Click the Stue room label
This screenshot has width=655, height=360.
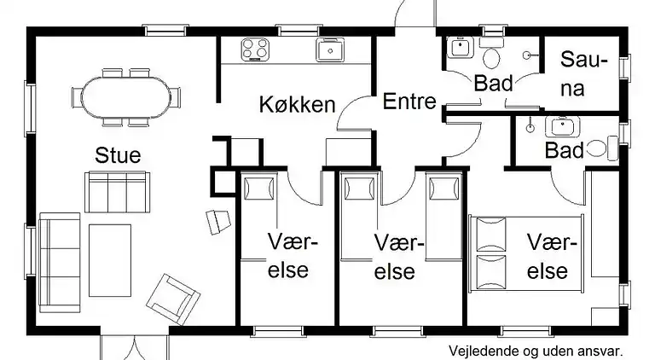pos(118,155)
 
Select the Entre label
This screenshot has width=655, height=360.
pos(409,102)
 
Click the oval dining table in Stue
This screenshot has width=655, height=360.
pos(127,95)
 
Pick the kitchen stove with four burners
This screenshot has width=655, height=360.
pos(254,49)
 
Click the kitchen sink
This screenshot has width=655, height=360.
pos(329,50)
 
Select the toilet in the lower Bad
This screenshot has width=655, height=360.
pos(608,148)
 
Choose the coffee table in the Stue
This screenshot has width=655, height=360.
pos(110,253)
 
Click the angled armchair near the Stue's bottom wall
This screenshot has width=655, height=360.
pos(173,295)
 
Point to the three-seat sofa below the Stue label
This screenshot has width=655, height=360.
pos(117,192)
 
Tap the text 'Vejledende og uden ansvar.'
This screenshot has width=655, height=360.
pos(536,350)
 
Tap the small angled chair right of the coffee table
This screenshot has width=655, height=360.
pos(218,220)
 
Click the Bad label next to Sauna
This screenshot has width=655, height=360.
pos(492,84)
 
